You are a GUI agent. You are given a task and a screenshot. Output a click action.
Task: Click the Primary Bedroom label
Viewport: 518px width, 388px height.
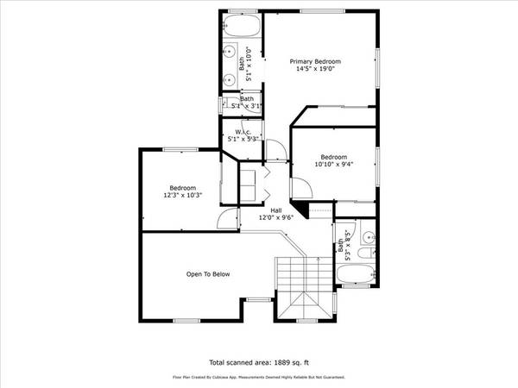tap(315, 61)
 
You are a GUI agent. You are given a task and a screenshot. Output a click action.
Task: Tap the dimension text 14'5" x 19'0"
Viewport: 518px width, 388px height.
tap(315, 70)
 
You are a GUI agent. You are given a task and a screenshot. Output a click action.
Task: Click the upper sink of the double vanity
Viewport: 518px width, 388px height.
tap(230, 50)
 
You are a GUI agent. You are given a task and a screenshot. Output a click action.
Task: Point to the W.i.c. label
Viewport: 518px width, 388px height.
tap(241, 131)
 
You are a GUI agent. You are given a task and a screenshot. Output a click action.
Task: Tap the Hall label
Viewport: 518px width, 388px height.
tap(276, 210)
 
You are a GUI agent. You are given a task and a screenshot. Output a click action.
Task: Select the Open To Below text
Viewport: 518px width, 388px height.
tap(208, 274)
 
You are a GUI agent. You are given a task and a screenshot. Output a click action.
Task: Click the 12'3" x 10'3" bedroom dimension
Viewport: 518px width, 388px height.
tap(182, 196)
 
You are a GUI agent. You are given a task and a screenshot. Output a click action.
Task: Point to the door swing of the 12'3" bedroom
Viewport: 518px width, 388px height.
tap(226, 220)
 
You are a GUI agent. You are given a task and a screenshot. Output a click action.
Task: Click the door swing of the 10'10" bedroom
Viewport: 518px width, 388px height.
tap(302, 188)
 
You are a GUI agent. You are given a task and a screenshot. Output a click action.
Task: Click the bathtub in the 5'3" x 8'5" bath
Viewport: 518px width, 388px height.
tap(355, 277)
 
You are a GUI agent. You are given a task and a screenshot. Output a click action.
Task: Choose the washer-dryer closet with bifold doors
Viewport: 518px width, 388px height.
tap(249, 183)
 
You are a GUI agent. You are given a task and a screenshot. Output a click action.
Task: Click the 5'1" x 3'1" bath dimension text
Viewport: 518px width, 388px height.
tap(243, 107)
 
